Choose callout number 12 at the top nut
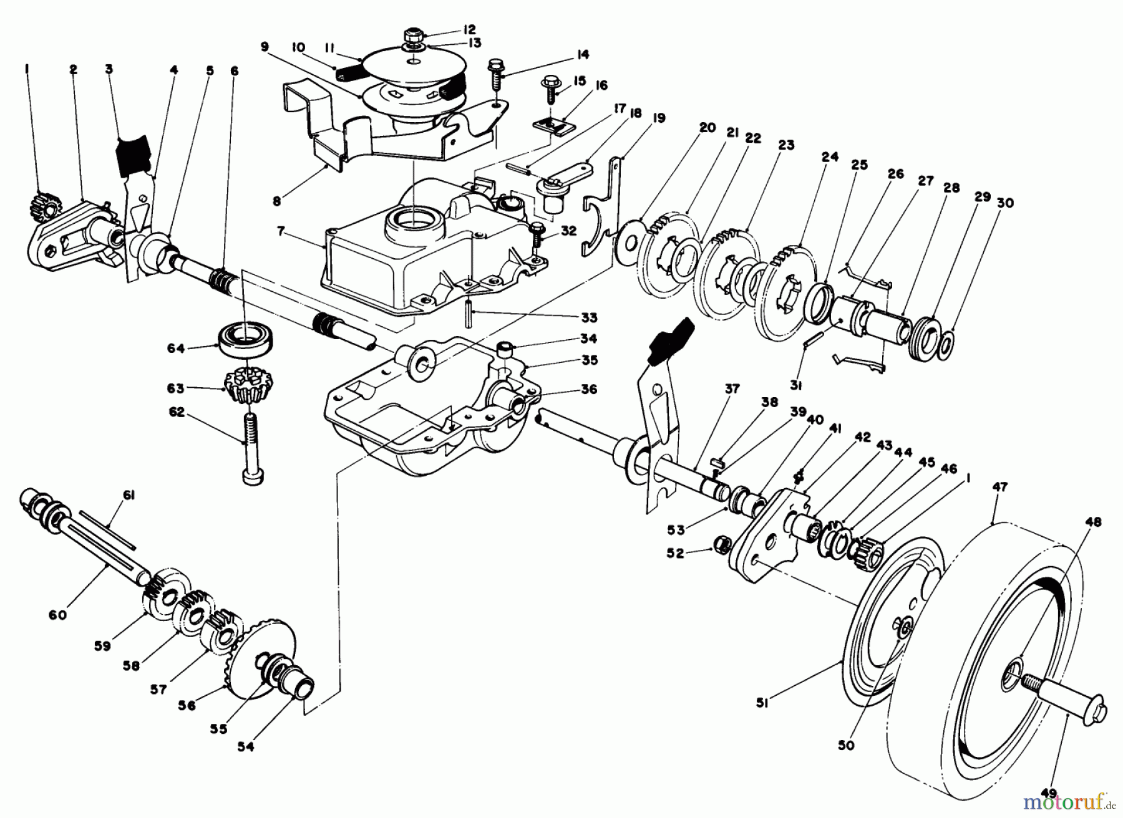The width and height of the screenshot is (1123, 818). pyautogui.click(x=469, y=29)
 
